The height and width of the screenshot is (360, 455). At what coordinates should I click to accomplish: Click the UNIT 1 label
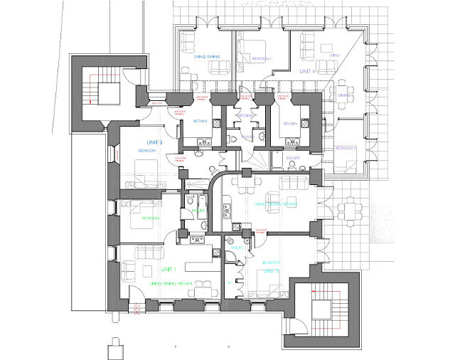coord(168,270)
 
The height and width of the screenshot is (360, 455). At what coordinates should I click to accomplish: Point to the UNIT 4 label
coord(307,72)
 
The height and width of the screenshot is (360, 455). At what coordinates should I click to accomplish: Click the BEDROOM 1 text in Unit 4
coord(260,58)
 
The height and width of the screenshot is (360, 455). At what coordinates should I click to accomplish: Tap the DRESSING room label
coord(245,115)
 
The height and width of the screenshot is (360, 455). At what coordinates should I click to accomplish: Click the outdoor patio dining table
coord(351,211)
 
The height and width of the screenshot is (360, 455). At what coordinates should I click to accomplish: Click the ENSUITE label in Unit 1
coord(198,211)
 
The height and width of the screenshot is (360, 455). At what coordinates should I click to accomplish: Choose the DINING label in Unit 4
coord(345,95)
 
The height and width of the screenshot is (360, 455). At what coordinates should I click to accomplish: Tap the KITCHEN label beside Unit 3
coord(200,122)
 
